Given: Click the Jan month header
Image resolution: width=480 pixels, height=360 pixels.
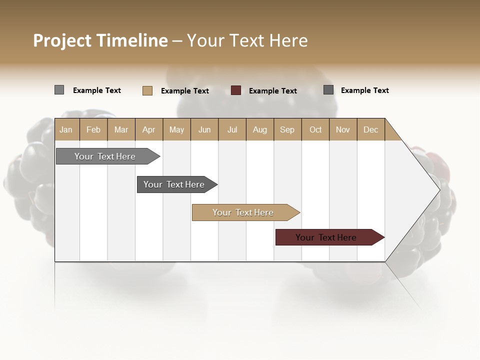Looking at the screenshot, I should click(66, 129).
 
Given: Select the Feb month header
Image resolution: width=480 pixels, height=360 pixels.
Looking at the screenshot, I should click(93, 129).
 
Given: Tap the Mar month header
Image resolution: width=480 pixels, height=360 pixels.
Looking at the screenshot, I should click(121, 129).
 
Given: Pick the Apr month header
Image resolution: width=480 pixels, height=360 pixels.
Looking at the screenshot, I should click(149, 129).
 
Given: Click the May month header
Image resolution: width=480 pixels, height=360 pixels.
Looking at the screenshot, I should click(176, 129).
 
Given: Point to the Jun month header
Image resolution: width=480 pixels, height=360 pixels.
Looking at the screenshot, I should click(204, 129).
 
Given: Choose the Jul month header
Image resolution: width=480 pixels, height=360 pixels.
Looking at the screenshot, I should click(232, 129).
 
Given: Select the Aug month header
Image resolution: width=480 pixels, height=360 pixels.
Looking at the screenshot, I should click(260, 129).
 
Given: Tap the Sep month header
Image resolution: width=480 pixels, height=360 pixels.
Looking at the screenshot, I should click(287, 129).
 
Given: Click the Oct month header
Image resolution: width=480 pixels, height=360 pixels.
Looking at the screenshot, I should click(315, 129).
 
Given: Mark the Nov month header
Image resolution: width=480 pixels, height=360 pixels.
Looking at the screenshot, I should click(343, 129).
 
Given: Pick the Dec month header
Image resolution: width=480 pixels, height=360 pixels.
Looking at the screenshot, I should click(371, 129).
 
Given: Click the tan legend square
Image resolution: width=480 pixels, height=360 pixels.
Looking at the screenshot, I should click(147, 90).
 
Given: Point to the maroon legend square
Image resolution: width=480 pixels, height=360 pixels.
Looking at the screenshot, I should click(236, 90).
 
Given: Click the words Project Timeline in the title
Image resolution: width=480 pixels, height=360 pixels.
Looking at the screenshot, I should click(100, 40).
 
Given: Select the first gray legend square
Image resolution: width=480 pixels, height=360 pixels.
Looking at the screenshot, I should click(59, 90).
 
